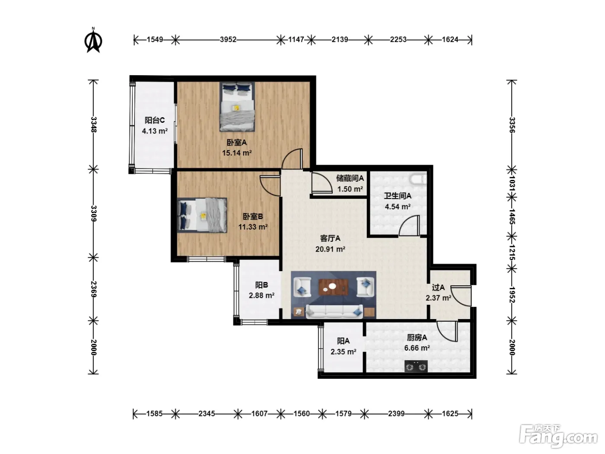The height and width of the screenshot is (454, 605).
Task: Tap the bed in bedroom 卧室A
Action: (237, 106)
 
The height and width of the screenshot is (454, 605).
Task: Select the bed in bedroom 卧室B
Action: (202, 215)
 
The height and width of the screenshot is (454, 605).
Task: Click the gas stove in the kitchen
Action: (416, 366)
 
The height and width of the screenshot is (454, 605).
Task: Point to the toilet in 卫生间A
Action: (418, 179)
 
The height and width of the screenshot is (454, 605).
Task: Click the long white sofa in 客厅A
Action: (334, 311)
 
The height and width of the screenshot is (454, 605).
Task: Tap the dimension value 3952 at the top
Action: (228, 40)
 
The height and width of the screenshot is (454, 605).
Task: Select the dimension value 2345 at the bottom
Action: (207, 413)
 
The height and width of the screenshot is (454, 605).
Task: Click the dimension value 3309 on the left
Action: (94, 213)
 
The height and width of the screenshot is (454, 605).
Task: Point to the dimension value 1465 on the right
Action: (512, 216)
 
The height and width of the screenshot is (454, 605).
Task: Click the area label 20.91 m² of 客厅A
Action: (330, 249)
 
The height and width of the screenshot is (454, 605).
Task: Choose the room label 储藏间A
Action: (350, 178)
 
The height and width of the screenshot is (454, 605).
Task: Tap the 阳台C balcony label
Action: (155, 120)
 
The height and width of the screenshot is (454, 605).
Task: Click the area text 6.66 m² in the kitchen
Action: (417, 348)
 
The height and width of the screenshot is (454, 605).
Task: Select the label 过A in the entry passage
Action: (438, 288)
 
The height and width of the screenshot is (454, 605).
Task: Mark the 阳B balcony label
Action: (261, 285)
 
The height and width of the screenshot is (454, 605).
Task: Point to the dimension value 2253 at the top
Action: (398, 40)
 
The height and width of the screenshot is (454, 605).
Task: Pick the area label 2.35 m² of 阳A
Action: (343, 352)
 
